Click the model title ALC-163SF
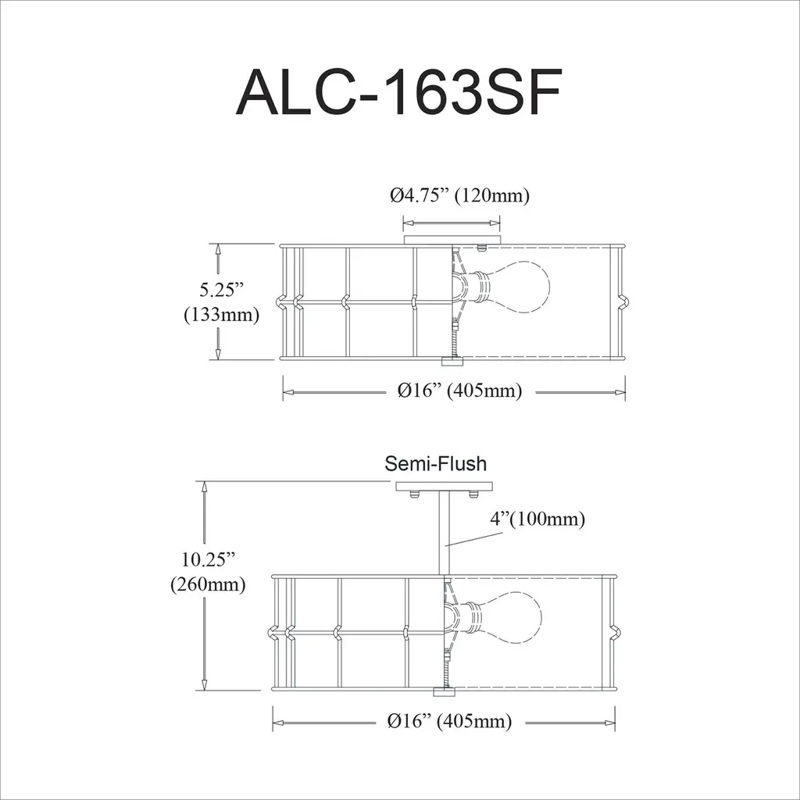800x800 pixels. click(399, 92)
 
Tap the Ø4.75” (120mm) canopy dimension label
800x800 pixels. click(459, 195)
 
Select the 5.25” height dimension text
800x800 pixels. click(221, 290)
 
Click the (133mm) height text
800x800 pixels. click(221, 314)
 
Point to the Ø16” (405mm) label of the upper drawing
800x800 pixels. click(459, 391)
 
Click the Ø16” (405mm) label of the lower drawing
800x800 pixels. click(449, 721)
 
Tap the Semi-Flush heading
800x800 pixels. click(435, 464)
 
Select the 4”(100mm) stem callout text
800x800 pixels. click(537, 519)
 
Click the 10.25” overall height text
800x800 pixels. click(208, 559)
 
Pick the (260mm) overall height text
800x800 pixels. click(208, 584)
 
